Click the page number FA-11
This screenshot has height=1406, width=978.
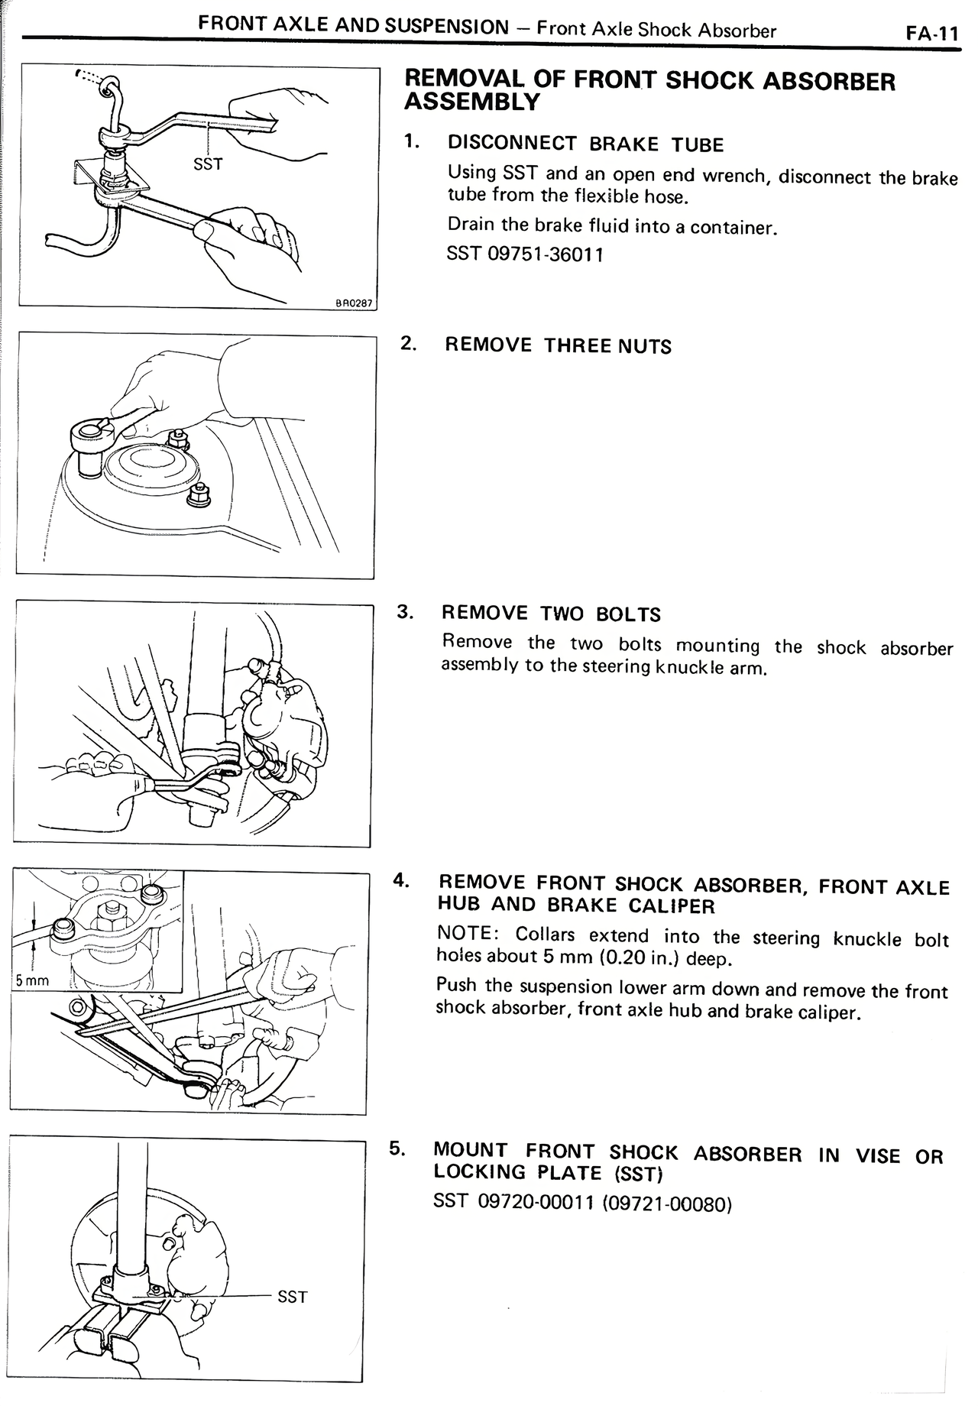pos(931,34)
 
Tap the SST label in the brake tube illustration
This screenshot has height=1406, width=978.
pos(208,164)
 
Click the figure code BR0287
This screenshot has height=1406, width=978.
pos(354,303)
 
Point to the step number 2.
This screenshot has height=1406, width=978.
pos(409,343)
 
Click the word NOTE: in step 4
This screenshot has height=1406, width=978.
pos(468,934)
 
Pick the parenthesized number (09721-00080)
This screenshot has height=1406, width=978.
pos(667,1205)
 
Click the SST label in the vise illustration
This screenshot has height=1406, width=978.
pos(292,1297)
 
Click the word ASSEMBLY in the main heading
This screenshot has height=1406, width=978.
pos(471,102)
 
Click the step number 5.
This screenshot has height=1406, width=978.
pos(397,1148)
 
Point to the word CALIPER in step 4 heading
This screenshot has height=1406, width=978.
pos(672,906)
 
